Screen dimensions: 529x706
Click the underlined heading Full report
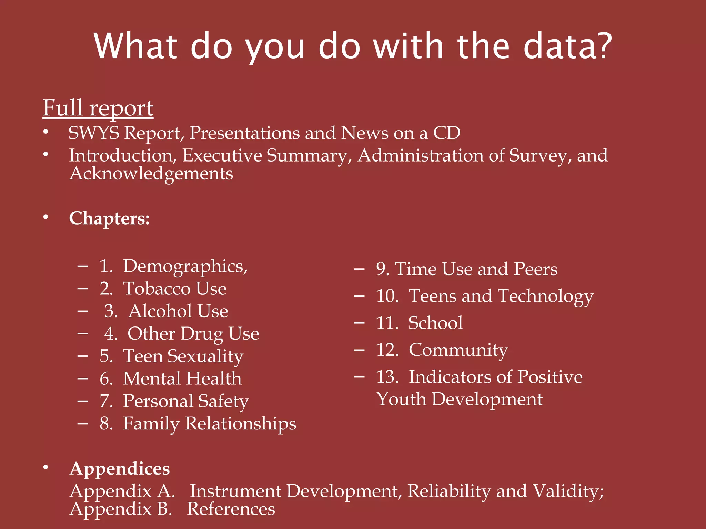98,108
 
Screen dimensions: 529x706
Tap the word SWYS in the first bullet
94,133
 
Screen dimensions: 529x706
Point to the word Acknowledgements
151,173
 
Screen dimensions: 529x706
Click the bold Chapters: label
109,218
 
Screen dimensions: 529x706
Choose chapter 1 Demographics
185,267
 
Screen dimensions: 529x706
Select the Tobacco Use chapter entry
175,289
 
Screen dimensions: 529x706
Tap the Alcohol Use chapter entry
178,311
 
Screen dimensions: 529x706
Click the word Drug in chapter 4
202,334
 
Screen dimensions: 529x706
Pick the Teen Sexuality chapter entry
183,356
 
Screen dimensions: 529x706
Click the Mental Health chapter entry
182,378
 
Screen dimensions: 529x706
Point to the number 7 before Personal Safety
105,401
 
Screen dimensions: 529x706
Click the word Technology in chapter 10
546,296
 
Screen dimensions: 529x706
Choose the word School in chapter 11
435,323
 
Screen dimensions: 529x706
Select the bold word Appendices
120,469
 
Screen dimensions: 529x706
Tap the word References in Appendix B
231,509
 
